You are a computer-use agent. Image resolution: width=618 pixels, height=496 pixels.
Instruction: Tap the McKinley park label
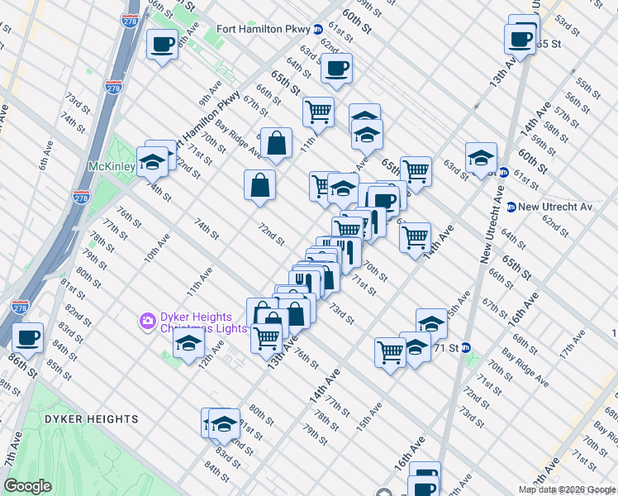[x=112, y=166]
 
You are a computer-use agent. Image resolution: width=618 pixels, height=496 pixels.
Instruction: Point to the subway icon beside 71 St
[x=465, y=348]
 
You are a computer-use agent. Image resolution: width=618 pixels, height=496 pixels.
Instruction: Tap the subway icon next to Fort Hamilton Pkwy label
[x=317, y=29]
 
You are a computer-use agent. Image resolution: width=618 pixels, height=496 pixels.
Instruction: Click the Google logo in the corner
[x=28, y=486]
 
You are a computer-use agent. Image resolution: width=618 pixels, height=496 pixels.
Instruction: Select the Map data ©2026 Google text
[x=567, y=489]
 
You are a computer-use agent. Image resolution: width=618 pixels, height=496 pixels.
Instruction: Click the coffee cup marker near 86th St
[x=27, y=337]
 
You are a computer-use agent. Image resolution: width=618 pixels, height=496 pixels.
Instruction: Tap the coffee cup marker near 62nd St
[x=335, y=69]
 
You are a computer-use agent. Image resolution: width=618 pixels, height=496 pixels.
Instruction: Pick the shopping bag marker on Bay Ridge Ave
[x=277, y=144]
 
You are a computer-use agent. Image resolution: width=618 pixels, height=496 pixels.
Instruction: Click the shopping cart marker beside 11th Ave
[x=318, y=110]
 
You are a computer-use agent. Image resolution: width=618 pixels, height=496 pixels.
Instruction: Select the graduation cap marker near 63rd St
[x=481, y=159]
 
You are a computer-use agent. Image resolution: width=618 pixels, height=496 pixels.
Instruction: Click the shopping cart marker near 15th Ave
[x=390, y=353]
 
